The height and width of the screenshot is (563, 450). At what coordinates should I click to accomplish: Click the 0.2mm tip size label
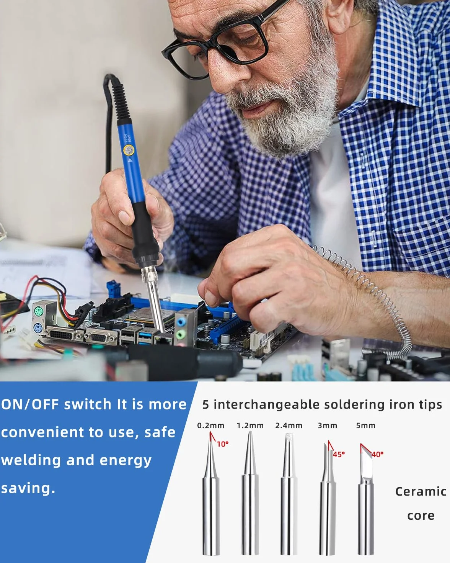pyautogui.click(x=210, y=426)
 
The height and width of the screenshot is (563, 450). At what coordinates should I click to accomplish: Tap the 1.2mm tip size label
pyautogui.click(x=250, y=426)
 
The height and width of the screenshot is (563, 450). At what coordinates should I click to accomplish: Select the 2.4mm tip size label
pyautogui.click(x=289, y=426)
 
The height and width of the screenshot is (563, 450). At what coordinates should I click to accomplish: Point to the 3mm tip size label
pyautogui.click(x=327, y=426)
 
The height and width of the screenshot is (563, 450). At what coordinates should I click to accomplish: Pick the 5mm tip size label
pyautogui.click(x=365, y=426)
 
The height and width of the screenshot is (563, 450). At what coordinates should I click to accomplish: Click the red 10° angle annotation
pyautogui.click(x=223, y=444)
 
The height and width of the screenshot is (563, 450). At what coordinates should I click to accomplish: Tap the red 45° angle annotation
pyautogui.click(x=339, y=455)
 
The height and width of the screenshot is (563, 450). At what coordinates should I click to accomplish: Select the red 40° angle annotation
pyautogui.click(x=377, y=455)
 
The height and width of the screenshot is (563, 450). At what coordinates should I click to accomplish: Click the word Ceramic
pyautogui.click(x=421, y=492)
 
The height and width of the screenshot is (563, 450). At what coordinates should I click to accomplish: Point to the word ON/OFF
pyautogui.click(x=30, y=404)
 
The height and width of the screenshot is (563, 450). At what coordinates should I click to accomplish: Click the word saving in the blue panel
pyautogui.click(x=28, y=488)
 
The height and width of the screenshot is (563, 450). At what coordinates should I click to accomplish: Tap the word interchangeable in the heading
pyautogui.click(x=267, y=404)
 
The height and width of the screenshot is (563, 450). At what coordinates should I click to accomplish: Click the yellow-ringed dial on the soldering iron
pyautogui.click(x=129, y=151)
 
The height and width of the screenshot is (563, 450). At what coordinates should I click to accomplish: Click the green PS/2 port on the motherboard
pyautogui.click(x=38, y=312)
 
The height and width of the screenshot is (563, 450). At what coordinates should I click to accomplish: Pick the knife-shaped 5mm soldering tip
pyautogui.click(x=365, y=498)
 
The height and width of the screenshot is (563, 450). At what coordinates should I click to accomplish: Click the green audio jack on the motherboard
pyautogui.click(x=180, y=334)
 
